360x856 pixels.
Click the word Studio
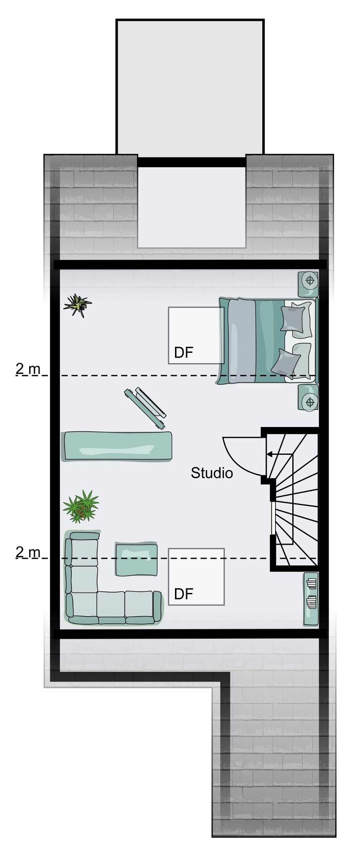click(x=211, y=473)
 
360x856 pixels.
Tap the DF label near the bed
click(x=183, y=353)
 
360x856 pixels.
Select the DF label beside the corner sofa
click(x=183, y=594)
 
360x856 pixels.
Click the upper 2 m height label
click(x=28, y=369)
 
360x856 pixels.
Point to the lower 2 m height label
click(x=28, y=552)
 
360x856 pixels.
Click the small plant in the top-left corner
click(x=77, y=305)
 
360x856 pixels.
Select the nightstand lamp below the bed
click(x=310, y=400)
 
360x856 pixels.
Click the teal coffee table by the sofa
click(x=136, y=559)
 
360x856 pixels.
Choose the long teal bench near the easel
click(x=118, y=446)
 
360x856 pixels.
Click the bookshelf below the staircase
click(x=311, y=598)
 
